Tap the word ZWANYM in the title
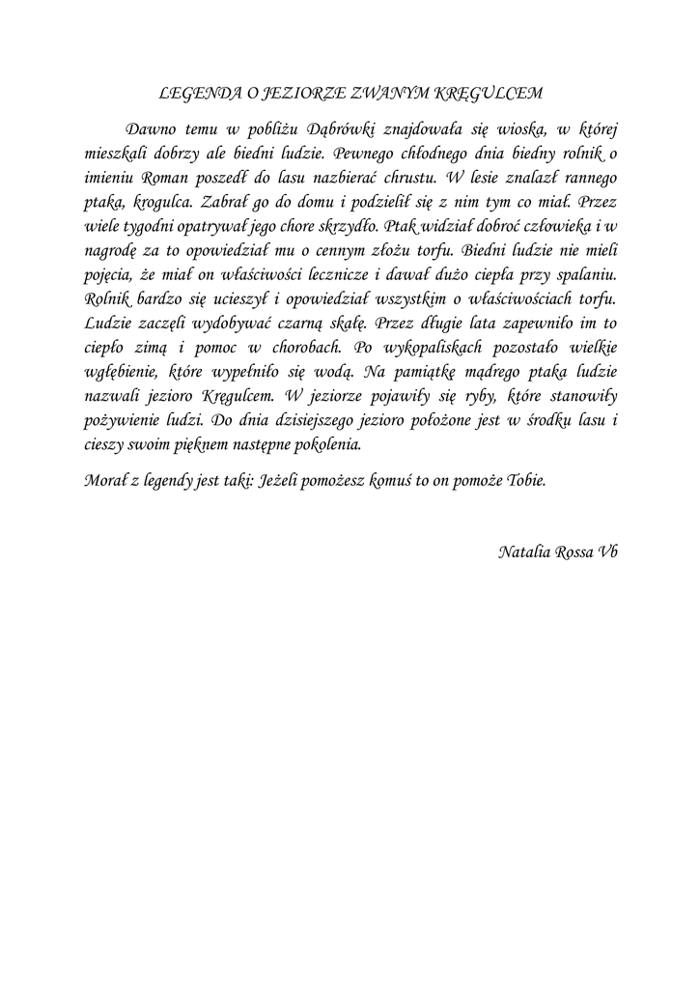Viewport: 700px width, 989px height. (x=378, y=94)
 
